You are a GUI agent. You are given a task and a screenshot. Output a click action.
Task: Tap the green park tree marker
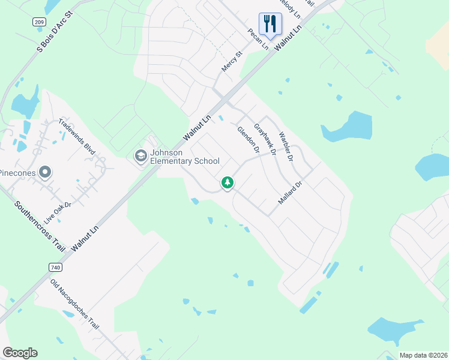[227, 182]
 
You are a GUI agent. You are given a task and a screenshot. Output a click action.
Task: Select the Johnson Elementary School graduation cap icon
[140, 157]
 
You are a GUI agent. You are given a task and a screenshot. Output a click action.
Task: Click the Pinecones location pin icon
[45, 173]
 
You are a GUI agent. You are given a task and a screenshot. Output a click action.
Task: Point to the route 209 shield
[39, 22]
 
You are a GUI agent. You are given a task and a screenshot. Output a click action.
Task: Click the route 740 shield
[56, 266]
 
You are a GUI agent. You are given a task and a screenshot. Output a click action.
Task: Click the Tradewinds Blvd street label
[77, 137]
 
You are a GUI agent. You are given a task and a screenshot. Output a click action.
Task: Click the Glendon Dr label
[247, 139]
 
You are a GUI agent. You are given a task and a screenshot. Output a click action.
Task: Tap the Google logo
[20, 353]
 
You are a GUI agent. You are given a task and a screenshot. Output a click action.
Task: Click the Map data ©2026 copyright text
[423, 355]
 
